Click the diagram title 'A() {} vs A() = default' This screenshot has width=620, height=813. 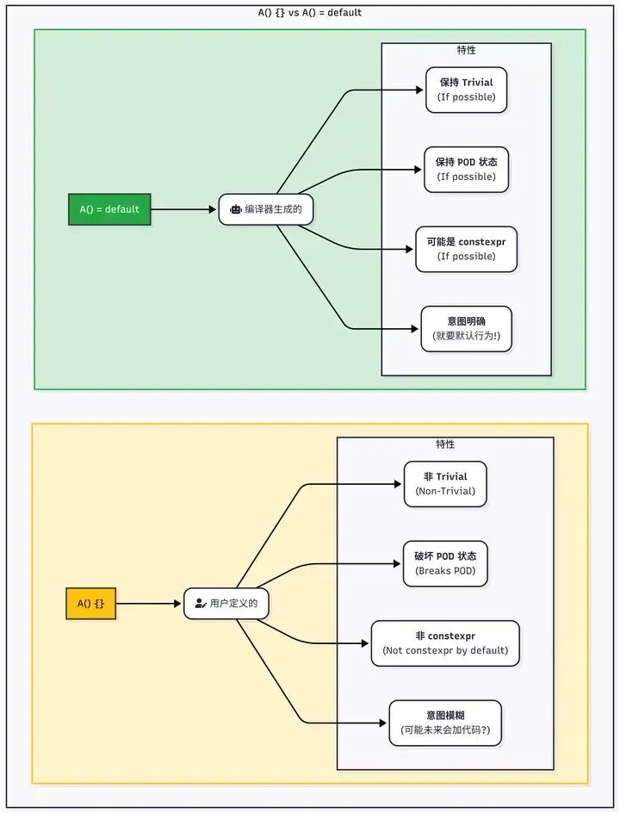click(x=310, y=13)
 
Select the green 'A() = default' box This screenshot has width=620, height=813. click(x=109, y=209)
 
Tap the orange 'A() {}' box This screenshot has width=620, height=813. click(x=90, y=604)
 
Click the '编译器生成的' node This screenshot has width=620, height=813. click(x=265, y=209)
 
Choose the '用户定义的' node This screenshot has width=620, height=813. click(x=226, y=604)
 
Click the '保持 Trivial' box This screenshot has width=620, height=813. click(x=466, y=90)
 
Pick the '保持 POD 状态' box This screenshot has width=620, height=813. click(x=466, y=169)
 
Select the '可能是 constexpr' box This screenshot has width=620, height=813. click(x=466, y=249)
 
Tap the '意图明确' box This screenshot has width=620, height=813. click(x=466, y=328)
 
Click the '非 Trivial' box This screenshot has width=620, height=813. click(x=445, y=484)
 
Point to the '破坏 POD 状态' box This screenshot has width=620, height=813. click(x=445, y=563)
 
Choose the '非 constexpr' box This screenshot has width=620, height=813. click(x=445, y=643)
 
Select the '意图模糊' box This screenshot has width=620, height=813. click(x=445, y=723)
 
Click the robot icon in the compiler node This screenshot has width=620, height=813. click(x=235, y=209)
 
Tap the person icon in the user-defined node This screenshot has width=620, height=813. click(x=200, y=604)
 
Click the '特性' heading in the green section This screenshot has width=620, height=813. click(x=467, y=51)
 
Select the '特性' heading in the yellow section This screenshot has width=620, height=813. click(x=445, y=444)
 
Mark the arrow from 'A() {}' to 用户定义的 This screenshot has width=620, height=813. click(x=149, y=604)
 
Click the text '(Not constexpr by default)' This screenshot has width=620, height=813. click(x=445, y=650)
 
